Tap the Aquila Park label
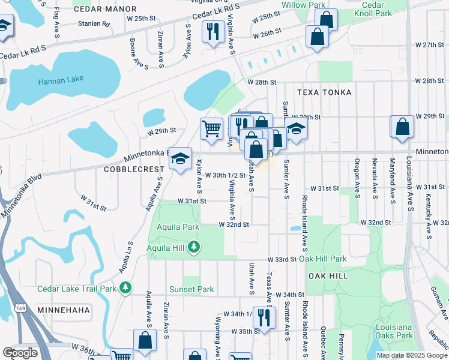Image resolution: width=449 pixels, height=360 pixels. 178,227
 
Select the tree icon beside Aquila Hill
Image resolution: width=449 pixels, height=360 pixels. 194,247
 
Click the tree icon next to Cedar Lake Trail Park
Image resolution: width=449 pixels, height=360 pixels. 125,289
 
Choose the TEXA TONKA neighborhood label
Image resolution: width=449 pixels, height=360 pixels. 324,93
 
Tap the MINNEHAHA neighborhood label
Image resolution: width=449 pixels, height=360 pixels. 63,310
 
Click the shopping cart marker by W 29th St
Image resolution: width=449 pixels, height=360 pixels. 211,128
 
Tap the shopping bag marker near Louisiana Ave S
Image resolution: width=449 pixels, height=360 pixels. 402,127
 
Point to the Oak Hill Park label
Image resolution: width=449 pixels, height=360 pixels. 323,259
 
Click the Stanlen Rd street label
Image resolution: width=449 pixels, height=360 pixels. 94,25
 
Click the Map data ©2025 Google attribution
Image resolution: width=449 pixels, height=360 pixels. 411,355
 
